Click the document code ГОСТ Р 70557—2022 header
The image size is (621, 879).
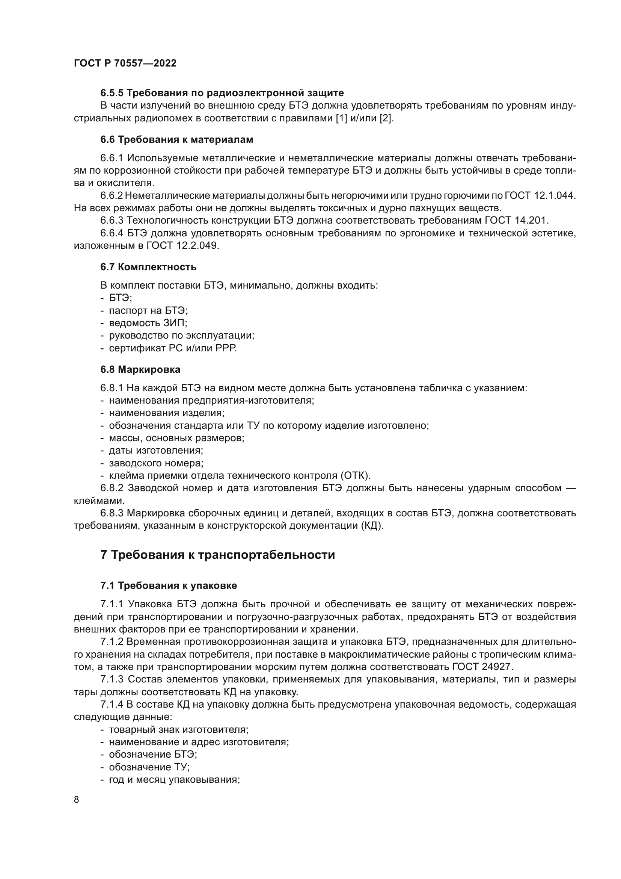pos(125,64)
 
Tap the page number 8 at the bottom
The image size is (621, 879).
pos(77,799)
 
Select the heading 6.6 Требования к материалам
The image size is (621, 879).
pos(177,140)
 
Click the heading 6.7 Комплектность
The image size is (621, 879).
pos(148,267)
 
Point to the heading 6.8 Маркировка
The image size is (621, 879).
pos(140,369)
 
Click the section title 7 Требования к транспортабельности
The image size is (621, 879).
pos(217,555)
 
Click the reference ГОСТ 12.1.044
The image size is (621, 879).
pos(540,196)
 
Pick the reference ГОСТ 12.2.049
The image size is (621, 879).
pos(183,245)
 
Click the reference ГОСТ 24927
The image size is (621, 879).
pos(481,667)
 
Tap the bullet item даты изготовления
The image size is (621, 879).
pos(156,450)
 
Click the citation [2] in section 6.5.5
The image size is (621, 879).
pos(386,118)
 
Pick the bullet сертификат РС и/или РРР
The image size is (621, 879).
pos(173,348)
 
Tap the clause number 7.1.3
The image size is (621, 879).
pos(112,679)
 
